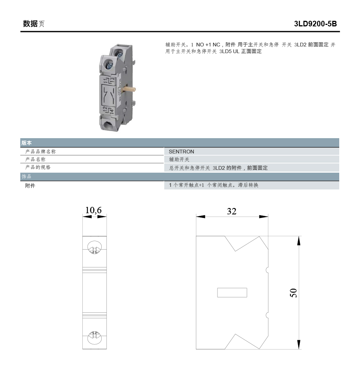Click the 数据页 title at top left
tap(33, 24)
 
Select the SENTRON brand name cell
tap(181, 152)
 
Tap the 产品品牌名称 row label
tap(40, 152)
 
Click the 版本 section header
tap(26, 143)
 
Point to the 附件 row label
tap(30, 185)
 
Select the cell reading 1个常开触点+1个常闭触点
tap(213, 185)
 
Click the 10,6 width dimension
tap(94, 210)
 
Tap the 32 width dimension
tap(232, 211)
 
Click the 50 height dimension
tap(293, 293)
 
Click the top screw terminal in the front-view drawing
tap(94, 248)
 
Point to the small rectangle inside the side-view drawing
tap(232, 293)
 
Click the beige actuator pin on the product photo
tap(131, 89)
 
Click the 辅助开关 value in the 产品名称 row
tap(179, 160)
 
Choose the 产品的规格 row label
tap(38, 168)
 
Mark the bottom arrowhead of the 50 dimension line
tap(299, 344)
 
